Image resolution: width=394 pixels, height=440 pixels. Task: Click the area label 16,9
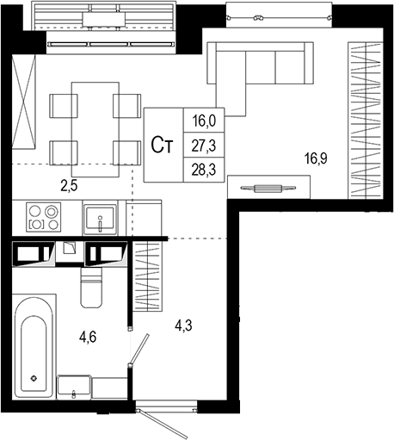(x=316, y=158)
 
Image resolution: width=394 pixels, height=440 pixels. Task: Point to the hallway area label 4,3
(x=184, y=327)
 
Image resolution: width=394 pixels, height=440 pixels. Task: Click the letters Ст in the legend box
(x=162, y=146)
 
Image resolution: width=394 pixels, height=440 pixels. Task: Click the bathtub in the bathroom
(x=34, y=345)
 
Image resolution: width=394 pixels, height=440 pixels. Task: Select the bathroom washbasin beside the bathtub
(x=76, y=388)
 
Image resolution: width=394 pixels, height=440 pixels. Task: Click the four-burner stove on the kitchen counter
(x=42, y=216)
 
